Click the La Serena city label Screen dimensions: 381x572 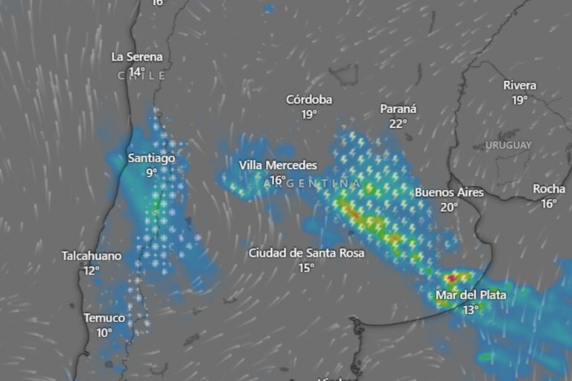point(137,57)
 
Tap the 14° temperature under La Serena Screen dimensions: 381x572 point(136,72)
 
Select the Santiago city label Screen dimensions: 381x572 point(151,158)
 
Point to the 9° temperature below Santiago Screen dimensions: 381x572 point(151,173)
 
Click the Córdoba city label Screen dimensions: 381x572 point(309,100)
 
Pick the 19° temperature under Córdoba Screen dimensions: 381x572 point(309,115)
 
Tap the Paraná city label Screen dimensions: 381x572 point(398,109)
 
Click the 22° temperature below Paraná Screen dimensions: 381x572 point(398,124)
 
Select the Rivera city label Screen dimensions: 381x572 point(520,85)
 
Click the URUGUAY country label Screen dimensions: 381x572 point(509,144)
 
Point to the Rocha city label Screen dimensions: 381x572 point(549,189)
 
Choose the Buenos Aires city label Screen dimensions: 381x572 point(449,193)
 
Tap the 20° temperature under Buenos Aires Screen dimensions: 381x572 point(448,208)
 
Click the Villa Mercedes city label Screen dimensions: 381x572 point(278,165)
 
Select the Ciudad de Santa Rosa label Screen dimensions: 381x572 point(306,253)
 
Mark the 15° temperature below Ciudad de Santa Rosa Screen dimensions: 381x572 point(306,268)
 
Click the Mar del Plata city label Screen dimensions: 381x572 point(471,295)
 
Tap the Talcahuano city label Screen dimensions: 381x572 point(91,256)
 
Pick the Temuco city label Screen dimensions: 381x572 point(104,318)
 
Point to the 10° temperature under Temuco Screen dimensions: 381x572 point(104,333)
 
